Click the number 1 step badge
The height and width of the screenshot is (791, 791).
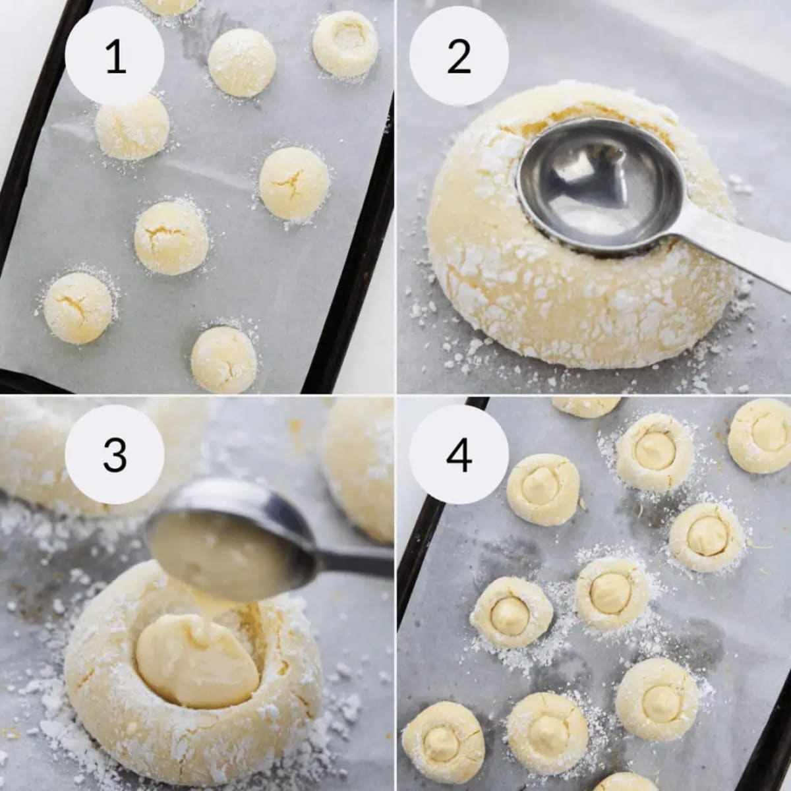point(115,57)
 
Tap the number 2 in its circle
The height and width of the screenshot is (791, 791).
point(459,57)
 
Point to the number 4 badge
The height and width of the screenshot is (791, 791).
point(459,455)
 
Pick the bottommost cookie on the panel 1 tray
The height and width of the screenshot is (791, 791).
point(224,359)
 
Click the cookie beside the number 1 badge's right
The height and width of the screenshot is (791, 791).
point(242,63)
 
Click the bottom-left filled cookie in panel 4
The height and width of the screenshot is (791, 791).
point(443,742)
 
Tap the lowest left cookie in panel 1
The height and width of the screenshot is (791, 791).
point(78,308)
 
